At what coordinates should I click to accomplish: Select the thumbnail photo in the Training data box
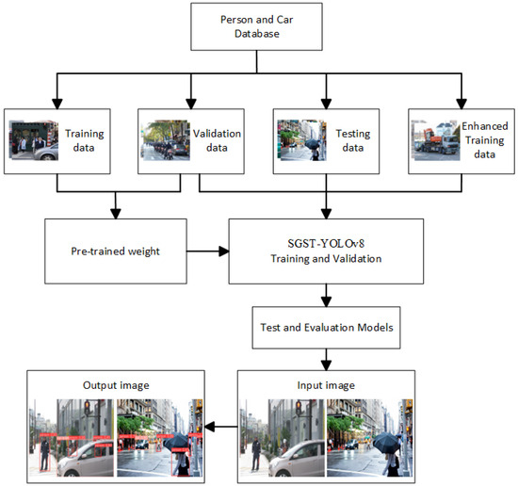coord(33,139)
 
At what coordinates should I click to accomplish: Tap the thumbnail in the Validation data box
coord(166,139)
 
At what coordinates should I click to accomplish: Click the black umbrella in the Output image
coord(176,441)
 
